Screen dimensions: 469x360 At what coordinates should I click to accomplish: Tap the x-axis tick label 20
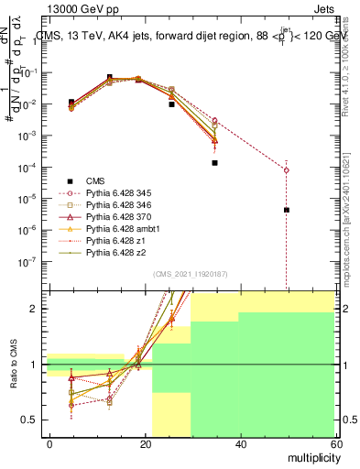coord(146,443)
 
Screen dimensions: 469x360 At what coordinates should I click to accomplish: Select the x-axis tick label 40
coord(240,443)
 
